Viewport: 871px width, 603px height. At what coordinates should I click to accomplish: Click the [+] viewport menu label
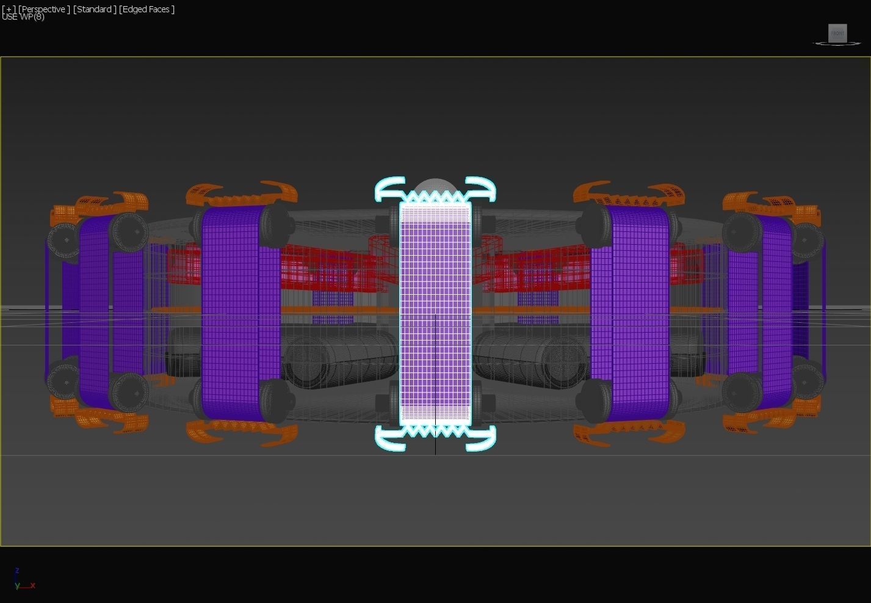pyautogui.click(x=9, y=9)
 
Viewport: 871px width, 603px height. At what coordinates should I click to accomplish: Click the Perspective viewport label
pyautogui.click(x=44, y=9)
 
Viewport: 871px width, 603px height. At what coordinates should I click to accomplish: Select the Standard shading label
pyautogui.click(x=95, y=9)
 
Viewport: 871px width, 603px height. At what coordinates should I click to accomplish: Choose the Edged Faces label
pyautogui.click(x=146, y=9)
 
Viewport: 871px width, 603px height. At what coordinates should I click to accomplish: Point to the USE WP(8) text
pyautogui.click(x=23, y=17)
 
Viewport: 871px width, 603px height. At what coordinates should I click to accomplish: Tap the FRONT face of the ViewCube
pyautogui.click(x=837, y=33)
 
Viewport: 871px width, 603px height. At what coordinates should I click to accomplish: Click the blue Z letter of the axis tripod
pyautogui.click(x=17, y=571)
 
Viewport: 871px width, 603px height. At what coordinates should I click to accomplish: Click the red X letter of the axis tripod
pyautogui.click(x=32, y=585)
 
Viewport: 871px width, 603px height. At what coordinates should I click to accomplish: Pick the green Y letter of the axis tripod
pyautogui.click(x=17, y=586)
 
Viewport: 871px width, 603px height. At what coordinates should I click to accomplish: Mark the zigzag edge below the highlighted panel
pyautogui.click(x=435, y=431)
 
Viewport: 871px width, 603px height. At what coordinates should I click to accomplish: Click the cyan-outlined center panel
pyautogui.click(x=435, y=314)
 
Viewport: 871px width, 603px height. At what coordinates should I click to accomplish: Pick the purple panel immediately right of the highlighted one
pyautogui.click(x=630, y=314)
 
